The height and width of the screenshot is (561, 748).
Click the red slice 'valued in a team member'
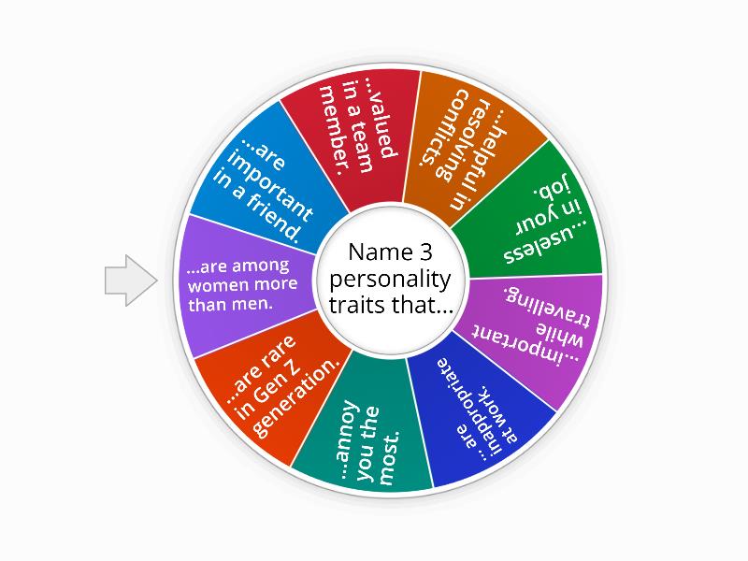point(355,131)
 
